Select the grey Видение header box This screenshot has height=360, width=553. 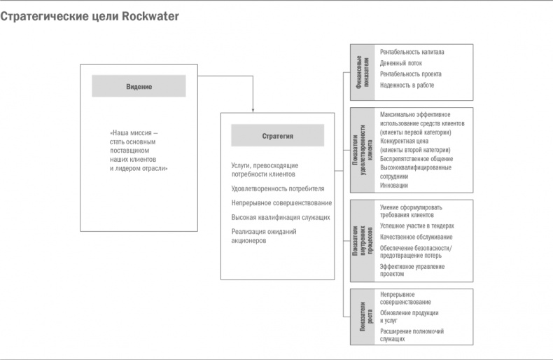click(139, 86)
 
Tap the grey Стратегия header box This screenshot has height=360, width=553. click(277, 136)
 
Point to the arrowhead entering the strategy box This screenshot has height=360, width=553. click(253, 110)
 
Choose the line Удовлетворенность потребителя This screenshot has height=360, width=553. click(278, 188)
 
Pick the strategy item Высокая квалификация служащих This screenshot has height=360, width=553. click(281, 218)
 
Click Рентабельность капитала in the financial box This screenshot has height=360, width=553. click(412, 52)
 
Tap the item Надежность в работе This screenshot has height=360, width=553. click(407, 85)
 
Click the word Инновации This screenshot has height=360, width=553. click(394, 186)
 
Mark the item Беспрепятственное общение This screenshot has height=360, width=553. click(416, 159)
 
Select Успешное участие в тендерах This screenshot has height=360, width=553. click(416, 226)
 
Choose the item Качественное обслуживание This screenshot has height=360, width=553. click(416, 237)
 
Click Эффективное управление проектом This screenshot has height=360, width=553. click(412, 270)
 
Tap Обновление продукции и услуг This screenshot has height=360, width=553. click(409, 317)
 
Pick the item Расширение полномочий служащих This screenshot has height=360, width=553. click(412, 335)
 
